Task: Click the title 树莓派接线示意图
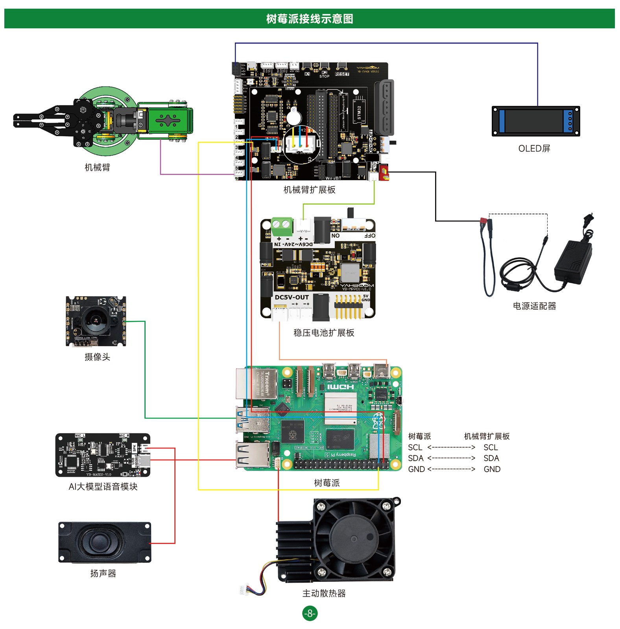(310, 19)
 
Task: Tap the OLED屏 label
(534, 149)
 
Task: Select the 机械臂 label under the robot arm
(97, 168)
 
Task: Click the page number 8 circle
(310, 613)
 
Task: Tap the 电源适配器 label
(534, 306)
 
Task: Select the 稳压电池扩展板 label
(324, 333)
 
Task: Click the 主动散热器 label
(324, 593)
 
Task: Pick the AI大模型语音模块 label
(103, 487)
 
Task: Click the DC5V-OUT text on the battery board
(292, 297)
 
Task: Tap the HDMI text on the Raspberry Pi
(340, 387)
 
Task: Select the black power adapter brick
(574, 261)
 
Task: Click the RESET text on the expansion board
(342, 74)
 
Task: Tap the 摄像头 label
(97, 357)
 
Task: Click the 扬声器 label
(103, 574)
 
